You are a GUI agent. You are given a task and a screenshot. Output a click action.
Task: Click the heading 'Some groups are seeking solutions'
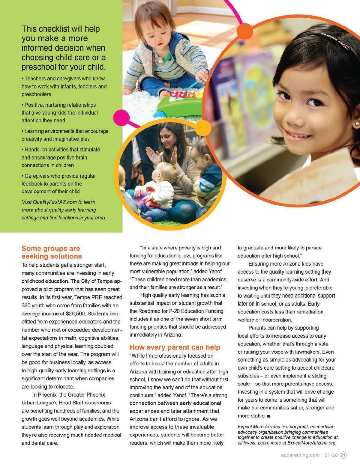51,252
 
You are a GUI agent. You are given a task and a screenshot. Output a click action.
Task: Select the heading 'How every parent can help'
175,347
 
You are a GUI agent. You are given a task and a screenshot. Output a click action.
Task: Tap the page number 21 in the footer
343,455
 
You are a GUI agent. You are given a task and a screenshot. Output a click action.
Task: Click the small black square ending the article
268,416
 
